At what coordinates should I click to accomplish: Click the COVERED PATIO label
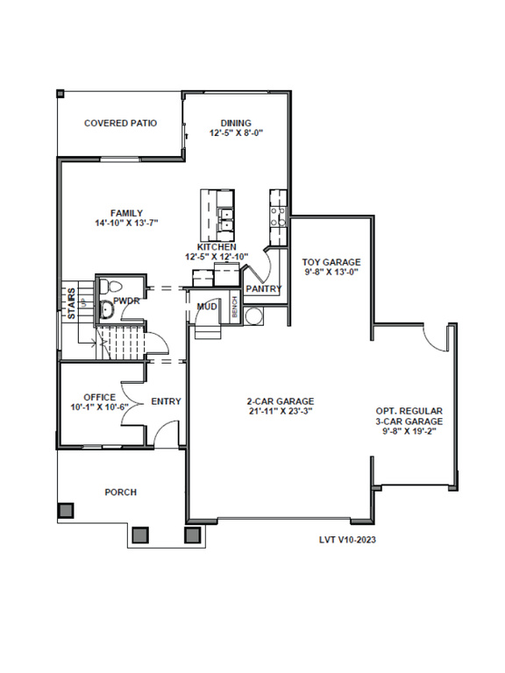point(121,124)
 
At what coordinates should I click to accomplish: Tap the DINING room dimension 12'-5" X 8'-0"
point(236,133)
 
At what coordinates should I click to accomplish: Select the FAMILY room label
point(126,213)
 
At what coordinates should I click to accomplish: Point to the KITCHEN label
point(217,247)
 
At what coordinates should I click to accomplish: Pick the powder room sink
point(106,309)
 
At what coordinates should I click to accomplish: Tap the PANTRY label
point(264,289)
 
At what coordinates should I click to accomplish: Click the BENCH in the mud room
point(234,307)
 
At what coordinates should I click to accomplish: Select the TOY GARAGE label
point(331,262)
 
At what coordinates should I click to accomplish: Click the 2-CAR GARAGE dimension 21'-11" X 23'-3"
point(280,411)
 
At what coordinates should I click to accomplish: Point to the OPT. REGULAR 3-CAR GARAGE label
point(409,416)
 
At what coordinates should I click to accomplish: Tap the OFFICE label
point(100,398)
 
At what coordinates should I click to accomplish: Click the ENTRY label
point(167,401)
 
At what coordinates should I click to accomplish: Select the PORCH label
point(121,492)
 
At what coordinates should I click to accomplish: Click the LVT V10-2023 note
point(347,540)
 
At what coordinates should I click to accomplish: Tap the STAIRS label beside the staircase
point(72,303)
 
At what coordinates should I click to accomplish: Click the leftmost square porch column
point(66,511)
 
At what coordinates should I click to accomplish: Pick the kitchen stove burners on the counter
point(277,216)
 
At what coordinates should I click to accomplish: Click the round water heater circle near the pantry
point(252,316)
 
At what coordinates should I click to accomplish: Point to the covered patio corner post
point(60,93)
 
